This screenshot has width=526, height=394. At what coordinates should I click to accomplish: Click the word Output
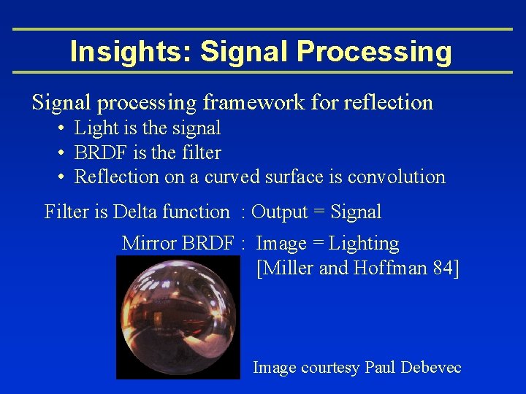pos(280,212)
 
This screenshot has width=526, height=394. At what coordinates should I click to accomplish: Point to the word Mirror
pos(148,244)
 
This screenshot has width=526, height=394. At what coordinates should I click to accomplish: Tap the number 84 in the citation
pos(443,269)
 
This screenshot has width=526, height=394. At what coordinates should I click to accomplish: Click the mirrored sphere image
pos(178,317)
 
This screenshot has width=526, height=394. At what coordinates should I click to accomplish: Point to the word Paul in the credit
pos(380,368)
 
